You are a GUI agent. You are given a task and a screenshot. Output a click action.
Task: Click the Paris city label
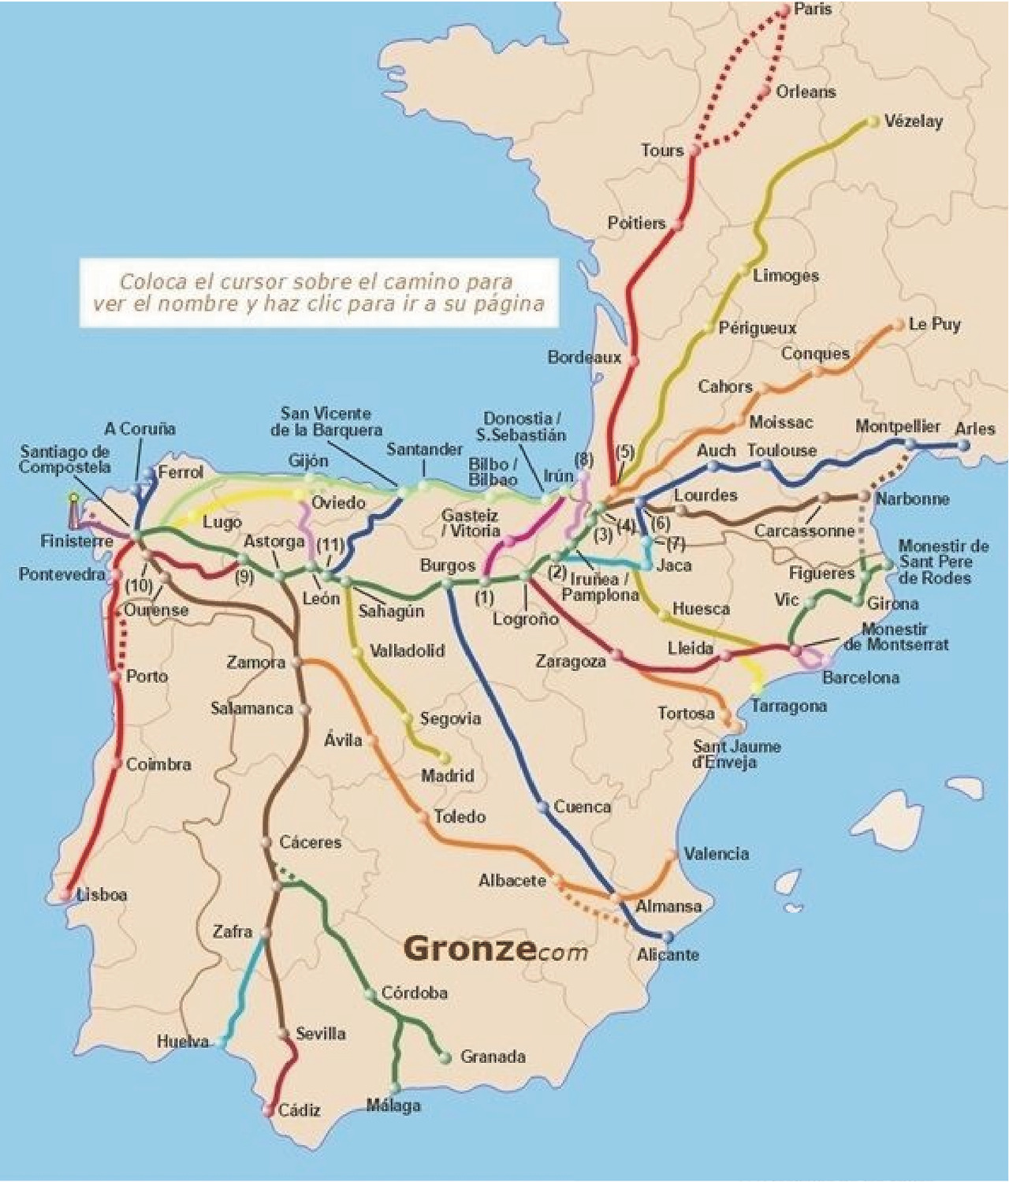click(813, 9)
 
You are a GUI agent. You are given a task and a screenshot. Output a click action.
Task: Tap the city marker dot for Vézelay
click(873, 121)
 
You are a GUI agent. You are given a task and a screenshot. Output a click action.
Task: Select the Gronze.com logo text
click(495, 950)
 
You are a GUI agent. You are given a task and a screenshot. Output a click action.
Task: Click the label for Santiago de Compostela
click(65, 459)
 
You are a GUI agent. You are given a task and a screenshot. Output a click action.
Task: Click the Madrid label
click(447, 776)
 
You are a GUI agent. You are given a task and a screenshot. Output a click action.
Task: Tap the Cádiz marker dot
click(269, 1110)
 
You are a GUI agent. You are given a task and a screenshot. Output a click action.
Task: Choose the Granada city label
click(493, 1057)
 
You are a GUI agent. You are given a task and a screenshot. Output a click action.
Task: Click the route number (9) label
click(244, 576)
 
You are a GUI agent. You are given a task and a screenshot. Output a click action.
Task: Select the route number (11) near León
click(330, 545)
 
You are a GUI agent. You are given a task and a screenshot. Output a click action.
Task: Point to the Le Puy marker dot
click(899, 324)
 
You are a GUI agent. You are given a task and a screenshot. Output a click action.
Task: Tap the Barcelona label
click(860, 677)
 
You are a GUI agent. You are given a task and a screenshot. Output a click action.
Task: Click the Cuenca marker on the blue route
click(542, 807)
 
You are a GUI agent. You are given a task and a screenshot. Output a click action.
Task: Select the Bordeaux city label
click(584, 357)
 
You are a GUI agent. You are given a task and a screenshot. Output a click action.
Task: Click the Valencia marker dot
click(672, 855)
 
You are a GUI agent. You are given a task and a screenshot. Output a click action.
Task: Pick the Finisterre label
click(76, 542)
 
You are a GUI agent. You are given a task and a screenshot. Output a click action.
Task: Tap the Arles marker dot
click(963, 445)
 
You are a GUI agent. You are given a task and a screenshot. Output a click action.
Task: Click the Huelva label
click(183, 1041)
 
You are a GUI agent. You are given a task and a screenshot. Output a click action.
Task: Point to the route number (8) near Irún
click(583, 459)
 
